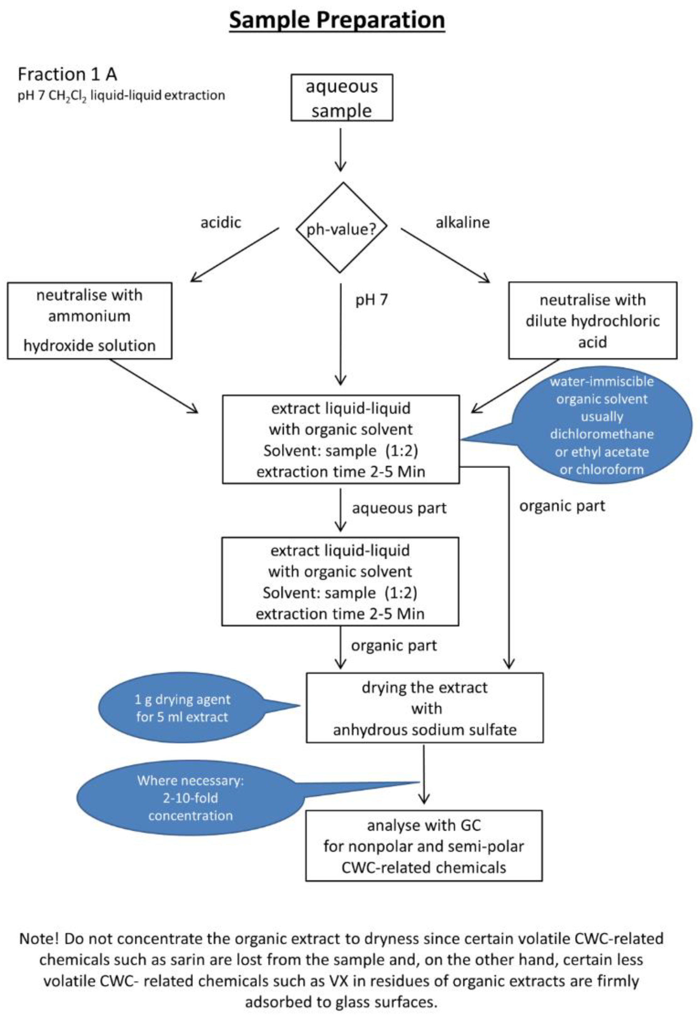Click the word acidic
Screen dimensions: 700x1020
[221, 223]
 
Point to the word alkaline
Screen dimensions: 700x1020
[463, 223]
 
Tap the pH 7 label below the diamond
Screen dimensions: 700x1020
[372, 300]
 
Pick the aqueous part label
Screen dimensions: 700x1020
[399, 508]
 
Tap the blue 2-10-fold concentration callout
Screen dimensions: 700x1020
[191, 798]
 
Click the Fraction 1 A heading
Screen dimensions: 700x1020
[67, 75]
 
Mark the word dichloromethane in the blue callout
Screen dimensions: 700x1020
[602, 434]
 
